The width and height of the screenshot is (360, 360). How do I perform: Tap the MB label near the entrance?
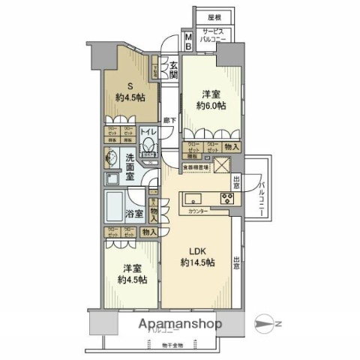click(187, 40)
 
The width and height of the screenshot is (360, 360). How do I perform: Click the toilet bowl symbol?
click(148, 148)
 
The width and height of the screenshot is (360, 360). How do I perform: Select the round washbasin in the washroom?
click(111, 159)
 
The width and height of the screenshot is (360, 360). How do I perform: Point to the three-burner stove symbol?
click(226, 199)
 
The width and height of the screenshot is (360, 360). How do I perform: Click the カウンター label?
click(199, 212)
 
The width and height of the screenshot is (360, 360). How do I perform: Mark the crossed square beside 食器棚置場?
click(223, 167)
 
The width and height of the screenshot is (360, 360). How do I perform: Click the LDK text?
click(197, 250)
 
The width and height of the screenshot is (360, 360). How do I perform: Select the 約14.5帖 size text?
click(197, 263)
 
